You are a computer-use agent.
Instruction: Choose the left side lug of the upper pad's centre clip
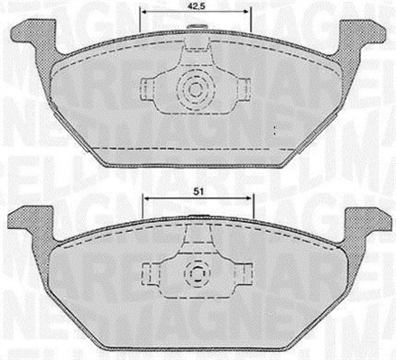(x=148, y=88)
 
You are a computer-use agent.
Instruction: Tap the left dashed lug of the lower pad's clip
(x=151, y=272)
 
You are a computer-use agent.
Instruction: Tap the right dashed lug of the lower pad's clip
(x=241, y=272)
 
